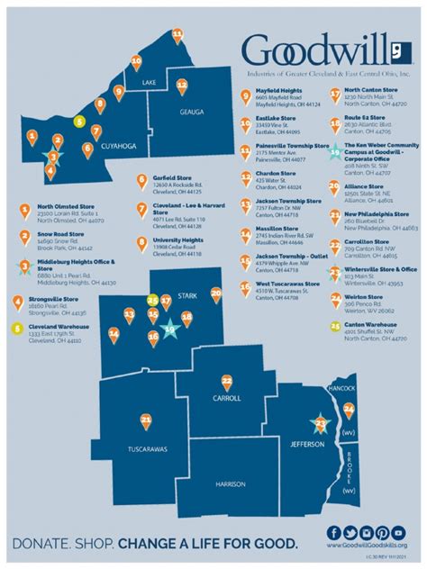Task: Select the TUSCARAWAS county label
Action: [148, 448]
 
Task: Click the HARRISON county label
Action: [230, 483]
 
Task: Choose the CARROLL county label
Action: [226, 398]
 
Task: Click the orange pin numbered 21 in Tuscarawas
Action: [145, 419]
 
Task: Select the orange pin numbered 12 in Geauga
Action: [182, 87]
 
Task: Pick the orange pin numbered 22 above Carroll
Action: [226, 381]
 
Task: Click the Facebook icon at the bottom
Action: [335, 532]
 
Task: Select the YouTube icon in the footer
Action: [386, 532]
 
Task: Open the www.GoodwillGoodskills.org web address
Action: [367, 546]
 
